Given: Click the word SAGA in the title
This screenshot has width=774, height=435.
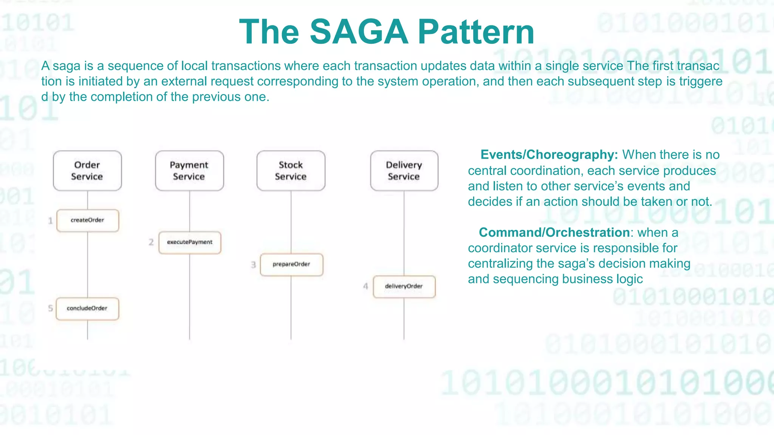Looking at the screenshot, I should point(359,32).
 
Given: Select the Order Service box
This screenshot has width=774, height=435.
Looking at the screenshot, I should point(87,171).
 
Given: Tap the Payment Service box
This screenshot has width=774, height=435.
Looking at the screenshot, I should point(189,171).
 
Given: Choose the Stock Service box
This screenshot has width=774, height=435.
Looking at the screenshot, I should point(291,171).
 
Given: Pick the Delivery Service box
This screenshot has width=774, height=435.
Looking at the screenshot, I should point(404,171).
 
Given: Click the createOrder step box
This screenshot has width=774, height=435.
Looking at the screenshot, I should point(87,220).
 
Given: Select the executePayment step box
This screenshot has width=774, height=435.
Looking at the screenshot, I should point(190,242).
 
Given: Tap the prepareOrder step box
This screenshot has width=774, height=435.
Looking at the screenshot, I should point(291,264).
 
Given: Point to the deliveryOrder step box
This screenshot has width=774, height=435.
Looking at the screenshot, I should point(404,286).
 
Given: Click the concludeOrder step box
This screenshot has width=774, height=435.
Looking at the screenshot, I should point(87,309).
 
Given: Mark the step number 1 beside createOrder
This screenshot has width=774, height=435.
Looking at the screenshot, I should point(50,221).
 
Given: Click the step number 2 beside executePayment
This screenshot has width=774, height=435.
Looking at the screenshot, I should point(151,242).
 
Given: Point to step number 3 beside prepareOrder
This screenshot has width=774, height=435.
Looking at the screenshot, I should point(253,265).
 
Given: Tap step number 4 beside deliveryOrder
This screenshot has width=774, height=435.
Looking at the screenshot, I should point(365,286).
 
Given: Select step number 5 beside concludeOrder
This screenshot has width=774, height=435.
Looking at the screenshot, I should point(50,309).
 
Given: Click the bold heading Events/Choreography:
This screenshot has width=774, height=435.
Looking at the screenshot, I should point(549,155).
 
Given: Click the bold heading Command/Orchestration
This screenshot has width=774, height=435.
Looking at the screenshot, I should point(554,233).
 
